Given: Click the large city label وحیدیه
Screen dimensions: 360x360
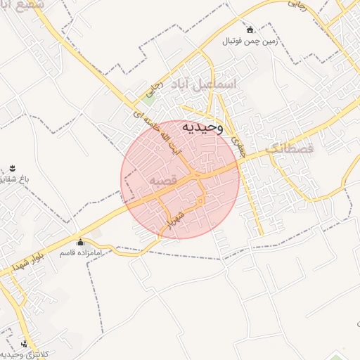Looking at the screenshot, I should point(202,128).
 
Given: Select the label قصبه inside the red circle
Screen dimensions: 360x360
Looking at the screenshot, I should point(162,181).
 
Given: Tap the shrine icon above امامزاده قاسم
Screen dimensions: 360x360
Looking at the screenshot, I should point(79,241).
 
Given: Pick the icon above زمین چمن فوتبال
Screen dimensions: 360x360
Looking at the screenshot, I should point(250,30).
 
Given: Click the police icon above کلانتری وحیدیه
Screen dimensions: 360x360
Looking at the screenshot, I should point(26,344).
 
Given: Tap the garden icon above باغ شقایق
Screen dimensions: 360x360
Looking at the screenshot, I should point(13,167).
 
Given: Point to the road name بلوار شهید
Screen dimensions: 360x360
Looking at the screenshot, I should point(25,262).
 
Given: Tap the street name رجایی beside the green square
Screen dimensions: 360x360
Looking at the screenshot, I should point(153,89).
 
